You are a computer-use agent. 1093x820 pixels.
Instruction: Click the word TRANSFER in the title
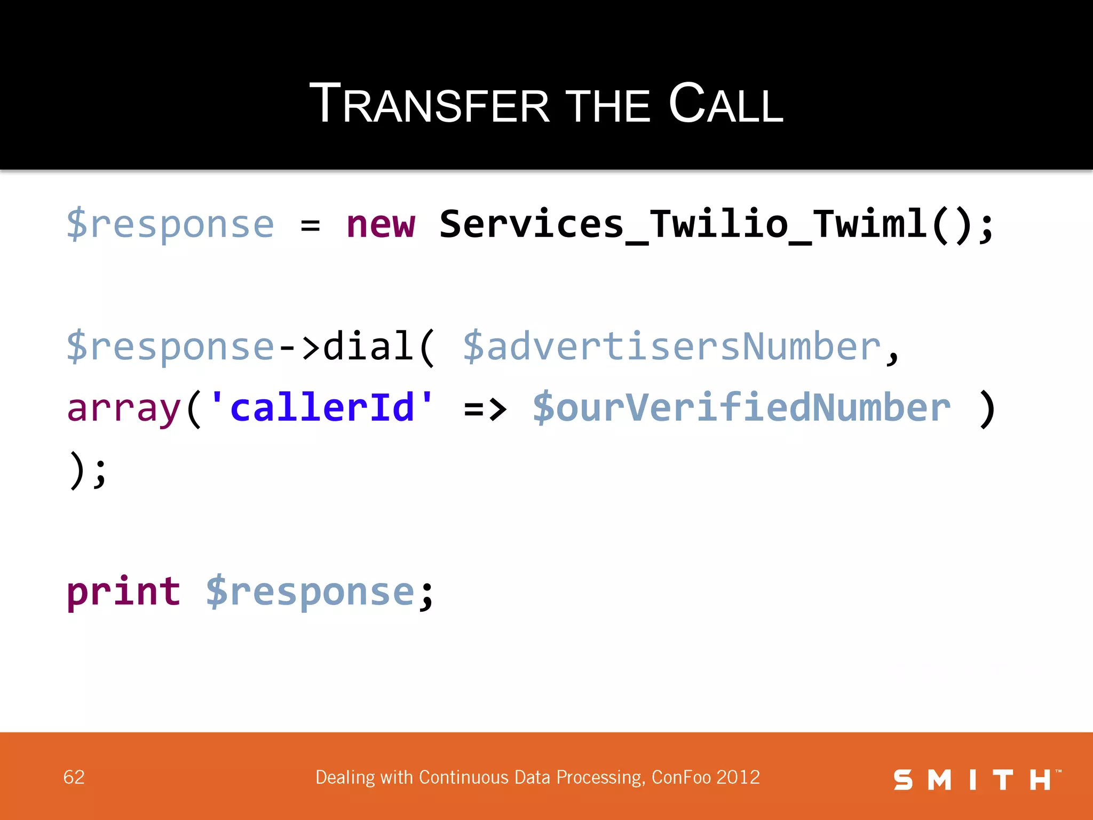coord(429,104)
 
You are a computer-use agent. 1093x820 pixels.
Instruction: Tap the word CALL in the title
coord(725,104)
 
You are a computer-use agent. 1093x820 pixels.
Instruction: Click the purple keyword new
coord(380,224)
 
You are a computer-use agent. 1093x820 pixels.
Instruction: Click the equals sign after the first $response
coord(310,225)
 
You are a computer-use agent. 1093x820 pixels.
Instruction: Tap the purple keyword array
coord(124,409)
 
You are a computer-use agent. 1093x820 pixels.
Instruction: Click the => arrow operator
coord(485,409)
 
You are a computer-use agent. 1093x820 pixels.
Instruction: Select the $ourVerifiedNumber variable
coord(741,408)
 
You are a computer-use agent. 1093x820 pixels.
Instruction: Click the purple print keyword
coord(123,593)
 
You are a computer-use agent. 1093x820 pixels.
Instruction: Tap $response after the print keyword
coord(310,593)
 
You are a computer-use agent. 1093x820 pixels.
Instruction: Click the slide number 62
coord(74,777)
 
